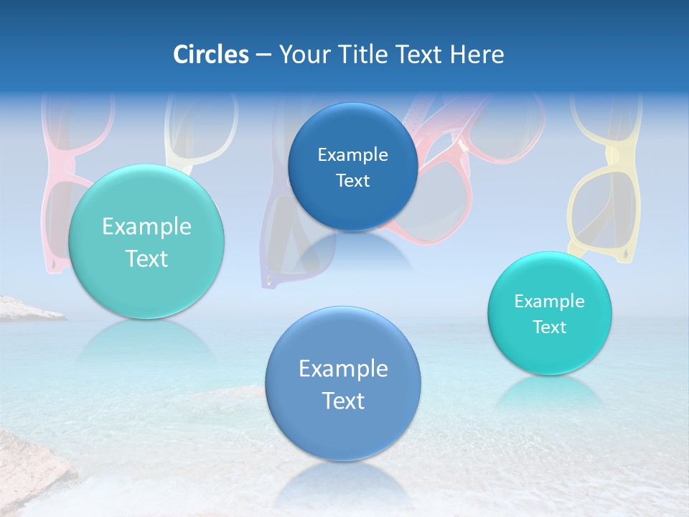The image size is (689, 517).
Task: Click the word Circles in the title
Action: tap(210, 55)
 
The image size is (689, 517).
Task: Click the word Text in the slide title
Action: tap(421, 55)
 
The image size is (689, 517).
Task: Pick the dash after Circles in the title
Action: tap(263, 55)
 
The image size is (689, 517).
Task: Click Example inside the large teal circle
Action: tap(146, 227)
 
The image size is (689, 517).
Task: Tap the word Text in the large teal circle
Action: tap(146, 258)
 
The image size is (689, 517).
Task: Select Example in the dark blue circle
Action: tap(352, 155)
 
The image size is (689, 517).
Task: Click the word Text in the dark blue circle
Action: tap(352, 181)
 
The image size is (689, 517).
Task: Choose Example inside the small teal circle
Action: tap(549, 302)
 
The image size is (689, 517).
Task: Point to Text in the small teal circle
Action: tap(549, 327)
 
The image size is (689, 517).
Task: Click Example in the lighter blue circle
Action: tap(343, 369)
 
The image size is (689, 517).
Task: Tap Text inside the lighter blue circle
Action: tap(343, 401)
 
